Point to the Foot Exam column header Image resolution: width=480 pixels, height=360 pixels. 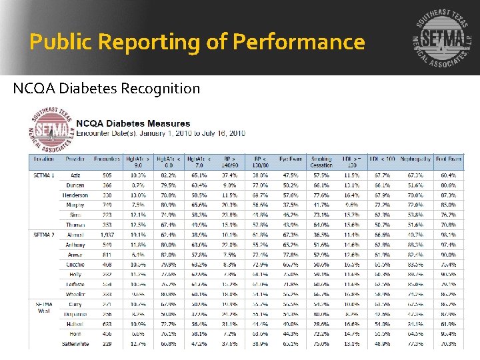pos(448,159)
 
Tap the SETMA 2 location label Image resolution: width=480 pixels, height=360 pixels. pos(44,235)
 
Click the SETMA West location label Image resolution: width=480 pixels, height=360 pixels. pos(44,307)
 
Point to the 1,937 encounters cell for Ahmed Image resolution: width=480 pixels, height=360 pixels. pos(107,235)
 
